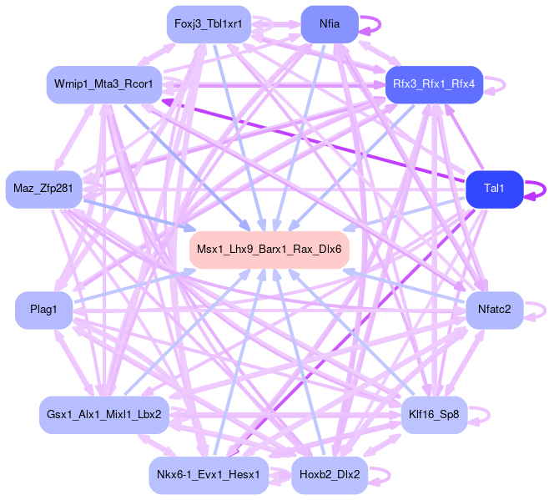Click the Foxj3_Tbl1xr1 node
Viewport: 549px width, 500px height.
(x=208, y=24)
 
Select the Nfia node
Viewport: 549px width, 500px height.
(x=329, y=24)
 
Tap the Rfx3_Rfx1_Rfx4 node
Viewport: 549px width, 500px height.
(x=434, y=84)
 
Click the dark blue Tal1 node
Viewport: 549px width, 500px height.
(x=494, y=189)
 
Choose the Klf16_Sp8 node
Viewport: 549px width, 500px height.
(x=434, y=415)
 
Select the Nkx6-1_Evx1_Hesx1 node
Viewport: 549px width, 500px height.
(x=208, y=476)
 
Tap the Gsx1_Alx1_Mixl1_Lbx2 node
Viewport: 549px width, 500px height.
(x=104, y=415)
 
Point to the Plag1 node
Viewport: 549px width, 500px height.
(x=43, y=311)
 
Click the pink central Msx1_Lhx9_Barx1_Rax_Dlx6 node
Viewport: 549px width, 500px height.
(x=268, y=250)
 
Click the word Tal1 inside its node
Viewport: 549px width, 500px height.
(x=494, y=189)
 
